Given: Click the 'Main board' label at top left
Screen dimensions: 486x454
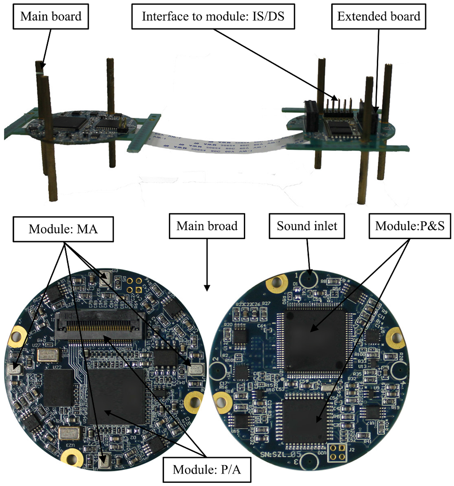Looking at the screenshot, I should coord(51,16).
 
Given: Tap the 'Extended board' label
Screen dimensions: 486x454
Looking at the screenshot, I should coord(379,16).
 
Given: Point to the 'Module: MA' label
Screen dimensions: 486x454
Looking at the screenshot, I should coord(63,229).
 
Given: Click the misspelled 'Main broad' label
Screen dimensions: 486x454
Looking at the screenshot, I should coord(207,226).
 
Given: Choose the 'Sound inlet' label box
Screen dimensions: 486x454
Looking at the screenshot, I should coord(307,226).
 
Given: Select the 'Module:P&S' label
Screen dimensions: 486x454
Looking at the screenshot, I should coord(410,226).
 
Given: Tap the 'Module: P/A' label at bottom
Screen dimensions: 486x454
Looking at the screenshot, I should coord(207,470).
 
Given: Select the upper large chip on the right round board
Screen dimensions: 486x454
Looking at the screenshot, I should coord(315,340).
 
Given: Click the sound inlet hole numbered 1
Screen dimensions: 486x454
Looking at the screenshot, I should coord(307,279).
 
